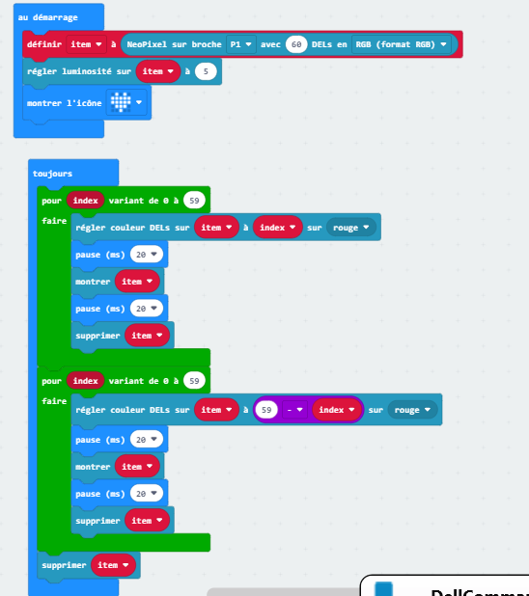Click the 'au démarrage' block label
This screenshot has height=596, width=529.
(x=47, y=17)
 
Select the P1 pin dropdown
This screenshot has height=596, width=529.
(x=241, y=44)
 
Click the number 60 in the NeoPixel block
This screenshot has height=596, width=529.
(x=296, y=44)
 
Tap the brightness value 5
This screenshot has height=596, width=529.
(x=206, y=71)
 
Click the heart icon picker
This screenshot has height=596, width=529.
(x=126, y=102)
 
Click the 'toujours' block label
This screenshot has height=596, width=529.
(x=52, y=174)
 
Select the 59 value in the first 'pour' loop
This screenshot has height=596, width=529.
(x=194, y=201)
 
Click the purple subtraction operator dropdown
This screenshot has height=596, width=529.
(x=294, y=410)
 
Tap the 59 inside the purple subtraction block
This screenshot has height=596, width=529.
(x=266, y=410)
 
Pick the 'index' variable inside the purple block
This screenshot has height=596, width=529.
(x=337, y=410)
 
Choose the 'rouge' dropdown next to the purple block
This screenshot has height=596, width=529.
(x=412, y=410)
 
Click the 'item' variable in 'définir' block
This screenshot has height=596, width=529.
(x=86, y=44)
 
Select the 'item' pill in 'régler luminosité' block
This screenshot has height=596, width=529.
(x=158, y=71)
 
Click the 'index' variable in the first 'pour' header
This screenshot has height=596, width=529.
(x=85, y=201)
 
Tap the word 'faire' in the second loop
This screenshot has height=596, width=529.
(x=54, y=401)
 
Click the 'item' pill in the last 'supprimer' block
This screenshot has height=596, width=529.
(x=113, y=565)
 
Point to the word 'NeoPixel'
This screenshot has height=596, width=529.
(x=147, y=44)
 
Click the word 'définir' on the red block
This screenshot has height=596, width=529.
(x=44, y=44)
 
